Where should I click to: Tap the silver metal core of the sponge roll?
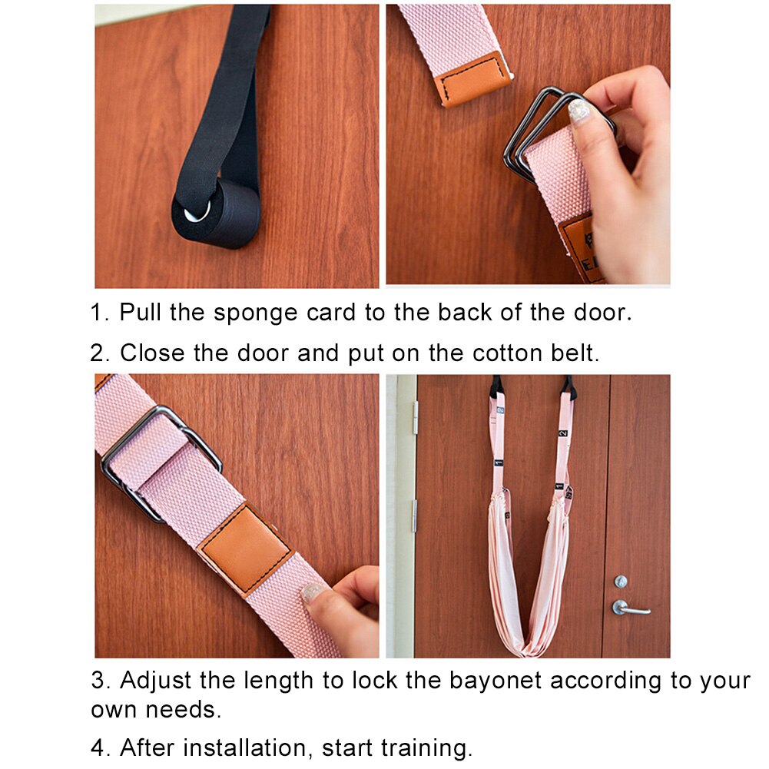click(x=197, y=211)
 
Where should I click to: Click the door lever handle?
click(x=630, y=608)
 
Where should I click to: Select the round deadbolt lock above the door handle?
click(x=621, y=582)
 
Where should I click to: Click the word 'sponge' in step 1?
click(x=256, y=313)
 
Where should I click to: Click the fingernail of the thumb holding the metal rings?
click(x=580, y=111)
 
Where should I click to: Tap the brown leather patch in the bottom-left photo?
click(x=245, y=549)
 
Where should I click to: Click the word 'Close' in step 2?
click(x=152, y=353)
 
